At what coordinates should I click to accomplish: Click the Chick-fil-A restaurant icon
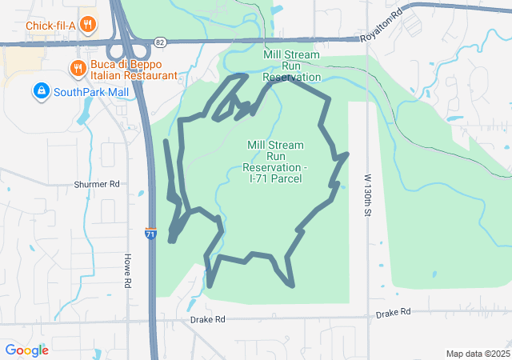tap(88, 25)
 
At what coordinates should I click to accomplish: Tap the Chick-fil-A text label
tap(51, 25)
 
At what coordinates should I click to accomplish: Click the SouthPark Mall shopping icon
tap(40, 92)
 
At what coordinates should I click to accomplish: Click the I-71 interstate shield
tap(150, 233)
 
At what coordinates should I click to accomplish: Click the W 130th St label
tap(369, 199)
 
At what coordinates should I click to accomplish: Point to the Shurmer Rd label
tap(96, 184)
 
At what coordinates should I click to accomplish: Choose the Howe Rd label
tap(126, 270)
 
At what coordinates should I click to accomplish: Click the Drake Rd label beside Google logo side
tap(208, 319)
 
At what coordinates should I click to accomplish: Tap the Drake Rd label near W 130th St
tap(393, 312)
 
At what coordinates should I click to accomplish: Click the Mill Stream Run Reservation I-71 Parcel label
tap(275, 162)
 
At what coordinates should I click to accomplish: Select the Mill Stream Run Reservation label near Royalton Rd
tap(292, 66)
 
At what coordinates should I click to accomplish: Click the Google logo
tap(26, 350)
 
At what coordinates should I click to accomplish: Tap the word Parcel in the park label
tap(286, 178)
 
